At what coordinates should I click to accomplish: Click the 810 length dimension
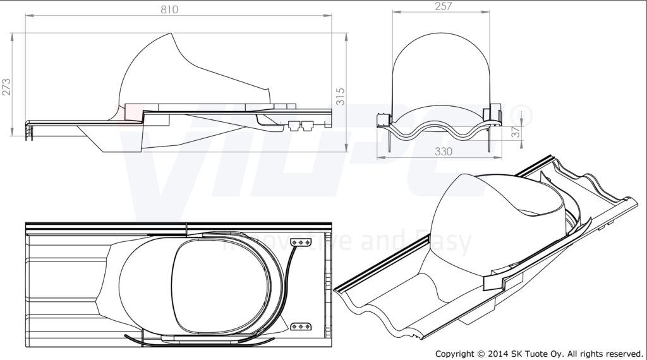pyautogui.click(x=169, y=9)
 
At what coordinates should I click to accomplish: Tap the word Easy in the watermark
pyautogui.click(x=445, y=243)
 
